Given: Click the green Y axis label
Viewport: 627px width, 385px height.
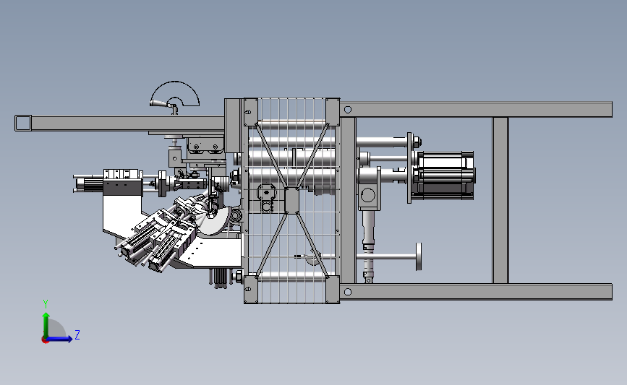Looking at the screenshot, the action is (x=46, y=304).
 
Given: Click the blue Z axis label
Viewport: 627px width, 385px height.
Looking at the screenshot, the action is (x=77, y=334).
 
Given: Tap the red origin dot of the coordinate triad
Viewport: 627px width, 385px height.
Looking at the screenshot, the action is (x=45, y=340).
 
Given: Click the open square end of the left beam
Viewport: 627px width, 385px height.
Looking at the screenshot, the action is (x=23, y=123).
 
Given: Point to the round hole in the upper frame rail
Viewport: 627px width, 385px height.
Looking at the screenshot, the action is (x=347, y=110).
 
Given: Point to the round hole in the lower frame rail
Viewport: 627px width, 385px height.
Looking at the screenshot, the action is (x=347, y=292).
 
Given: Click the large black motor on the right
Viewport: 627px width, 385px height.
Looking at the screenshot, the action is (x=444, y=175).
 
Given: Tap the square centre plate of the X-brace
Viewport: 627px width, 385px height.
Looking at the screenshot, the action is (x=292, y=200).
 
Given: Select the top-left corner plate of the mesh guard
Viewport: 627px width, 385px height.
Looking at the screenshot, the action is (x=251, y=112).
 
